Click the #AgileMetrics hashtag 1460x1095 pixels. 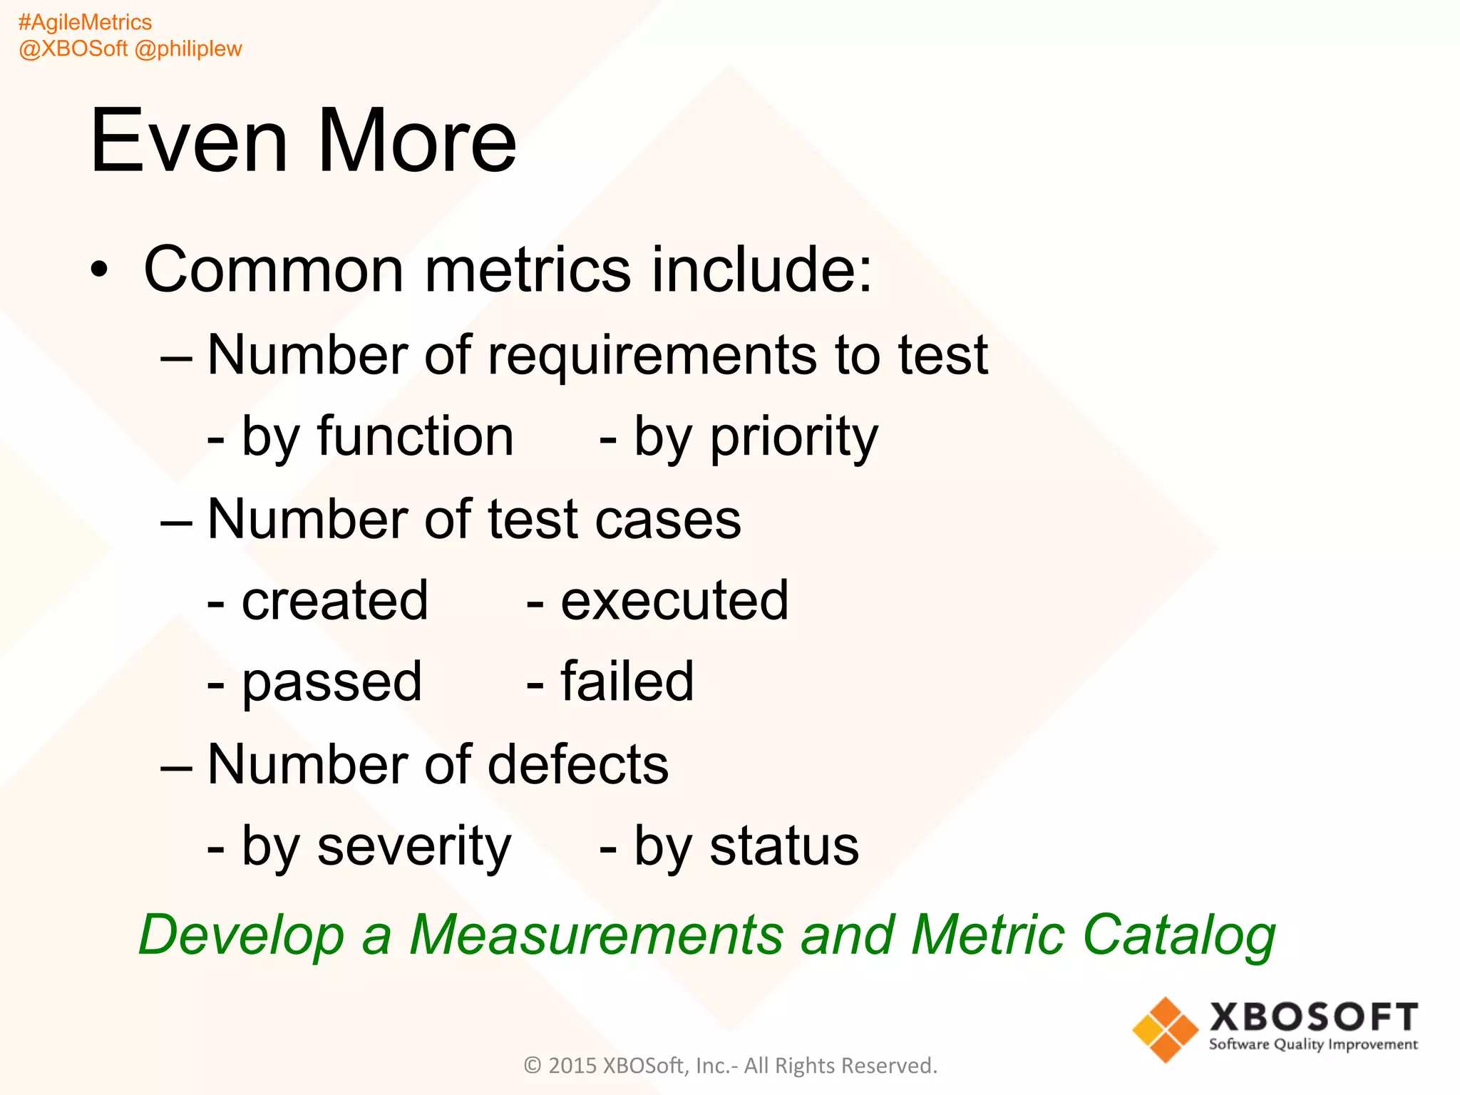[x=85, y=23]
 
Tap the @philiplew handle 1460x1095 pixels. [x=188, y=49]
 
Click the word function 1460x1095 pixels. [x=415, y=436]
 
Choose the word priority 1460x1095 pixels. [x=793, y=438]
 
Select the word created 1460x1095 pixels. [x=335, y=600]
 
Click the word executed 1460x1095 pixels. [x=674, y=600]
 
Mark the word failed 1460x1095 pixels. [x=627, y=682]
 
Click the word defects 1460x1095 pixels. [x=578, y=764]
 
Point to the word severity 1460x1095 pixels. [x=413, y=847]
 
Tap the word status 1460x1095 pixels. [x=784, y=847]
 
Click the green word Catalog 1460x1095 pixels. [x=1179, y=935]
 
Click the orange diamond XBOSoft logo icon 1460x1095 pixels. [x=1165, y=1029]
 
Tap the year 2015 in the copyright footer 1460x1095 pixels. [x=572, y=1065]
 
